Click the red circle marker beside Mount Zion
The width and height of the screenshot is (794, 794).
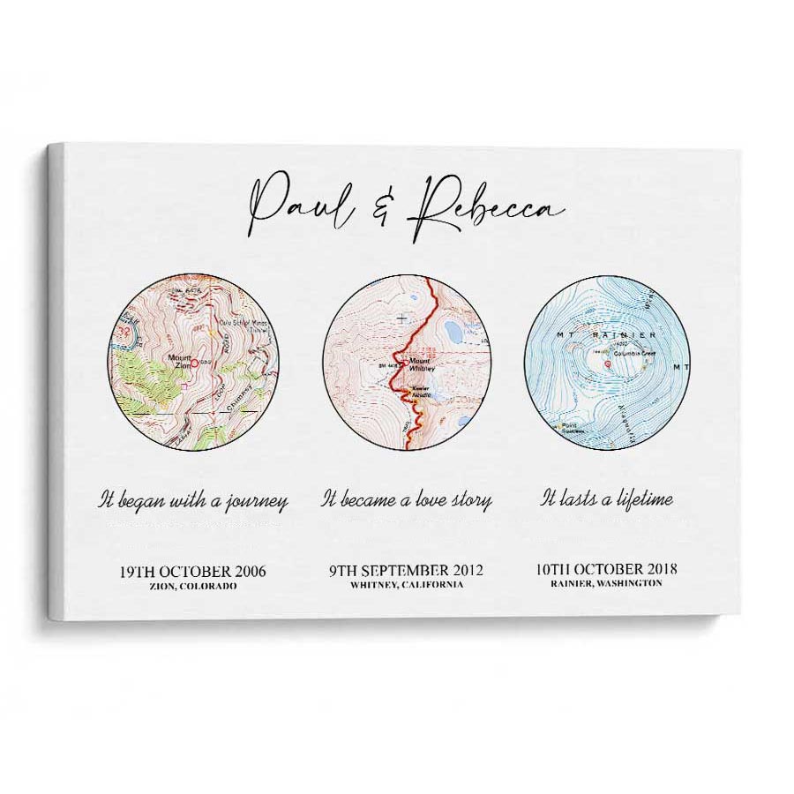[194, 363]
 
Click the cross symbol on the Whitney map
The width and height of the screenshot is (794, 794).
[402, 318]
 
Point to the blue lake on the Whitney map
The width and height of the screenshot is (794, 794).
[453, 331]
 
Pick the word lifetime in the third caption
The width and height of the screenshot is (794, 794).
[641, 499]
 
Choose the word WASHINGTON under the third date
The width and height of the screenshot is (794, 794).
[631, 584]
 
